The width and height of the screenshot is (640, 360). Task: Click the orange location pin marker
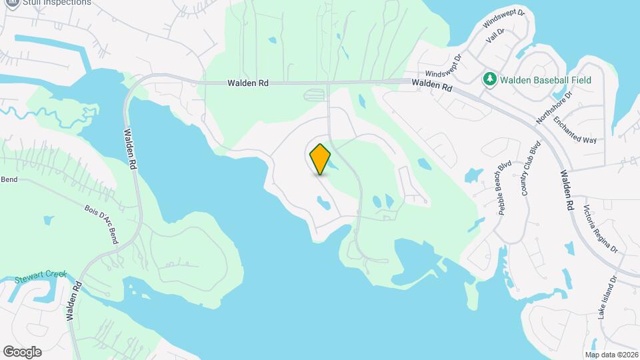coord(320,159)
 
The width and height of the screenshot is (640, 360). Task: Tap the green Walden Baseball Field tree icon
coord(490,80)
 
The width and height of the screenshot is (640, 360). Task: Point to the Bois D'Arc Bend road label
coord(101,224)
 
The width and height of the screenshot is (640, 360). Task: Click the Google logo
coord(22,351)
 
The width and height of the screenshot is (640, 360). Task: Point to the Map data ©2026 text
coord(611,355)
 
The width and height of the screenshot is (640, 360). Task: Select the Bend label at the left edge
coord(9,179)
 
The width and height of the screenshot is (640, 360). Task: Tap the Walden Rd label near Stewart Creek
coord(74,301)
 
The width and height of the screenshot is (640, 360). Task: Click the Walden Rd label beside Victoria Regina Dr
coord(567,191)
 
